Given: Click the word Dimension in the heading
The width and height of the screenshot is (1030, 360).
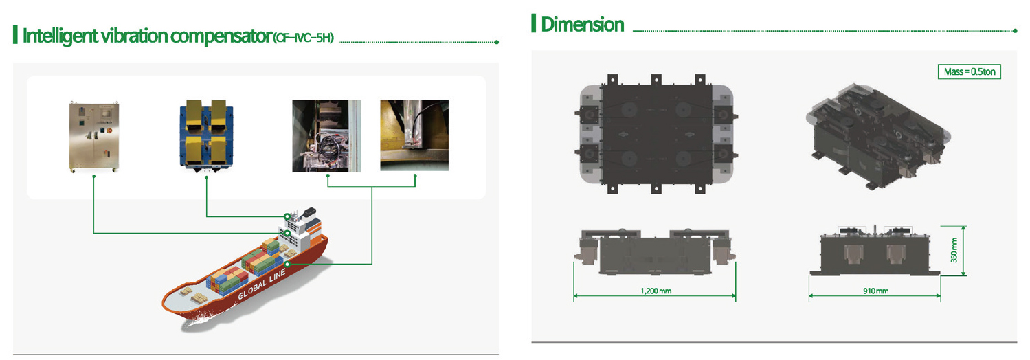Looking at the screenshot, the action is click(x=582, y=24).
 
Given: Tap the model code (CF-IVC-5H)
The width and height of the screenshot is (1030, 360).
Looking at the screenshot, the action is click(x=304, y=38).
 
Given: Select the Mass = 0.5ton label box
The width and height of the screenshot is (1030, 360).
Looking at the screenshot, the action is click(x=970, y=71).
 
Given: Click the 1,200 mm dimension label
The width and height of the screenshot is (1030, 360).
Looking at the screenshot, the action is click(x=656, y=291).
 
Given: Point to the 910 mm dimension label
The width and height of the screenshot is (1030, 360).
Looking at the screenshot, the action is click(x=875, y=291).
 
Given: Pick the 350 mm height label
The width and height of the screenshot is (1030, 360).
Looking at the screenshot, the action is click(x=954, y=250).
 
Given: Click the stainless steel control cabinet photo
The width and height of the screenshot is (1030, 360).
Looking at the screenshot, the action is click(x=94, y=137).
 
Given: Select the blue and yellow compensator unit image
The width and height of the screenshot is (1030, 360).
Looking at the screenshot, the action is click(x=206, y=136).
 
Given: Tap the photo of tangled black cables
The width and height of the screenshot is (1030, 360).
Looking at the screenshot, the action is click(x=326, y=136).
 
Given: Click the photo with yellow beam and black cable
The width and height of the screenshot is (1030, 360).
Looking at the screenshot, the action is click(x=414, y=135).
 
